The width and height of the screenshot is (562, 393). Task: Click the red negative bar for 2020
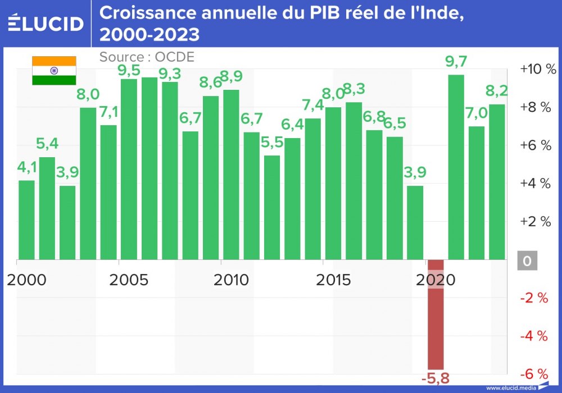tap(436, 314)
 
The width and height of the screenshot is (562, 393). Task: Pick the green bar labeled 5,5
tap(272, 208)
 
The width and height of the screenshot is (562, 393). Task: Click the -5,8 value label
tap(436, 378)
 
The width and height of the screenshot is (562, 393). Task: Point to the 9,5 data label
tap(129, 71)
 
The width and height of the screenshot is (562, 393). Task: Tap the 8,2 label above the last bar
tap(497, 90)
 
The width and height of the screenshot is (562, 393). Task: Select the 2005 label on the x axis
tap(129, 279)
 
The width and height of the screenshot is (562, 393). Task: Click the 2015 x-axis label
tap(334, 279)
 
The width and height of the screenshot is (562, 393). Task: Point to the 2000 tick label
tap(26, 279)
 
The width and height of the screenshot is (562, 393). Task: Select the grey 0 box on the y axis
tap(527, 261)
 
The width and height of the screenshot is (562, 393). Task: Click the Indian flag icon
tap(54, 71)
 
